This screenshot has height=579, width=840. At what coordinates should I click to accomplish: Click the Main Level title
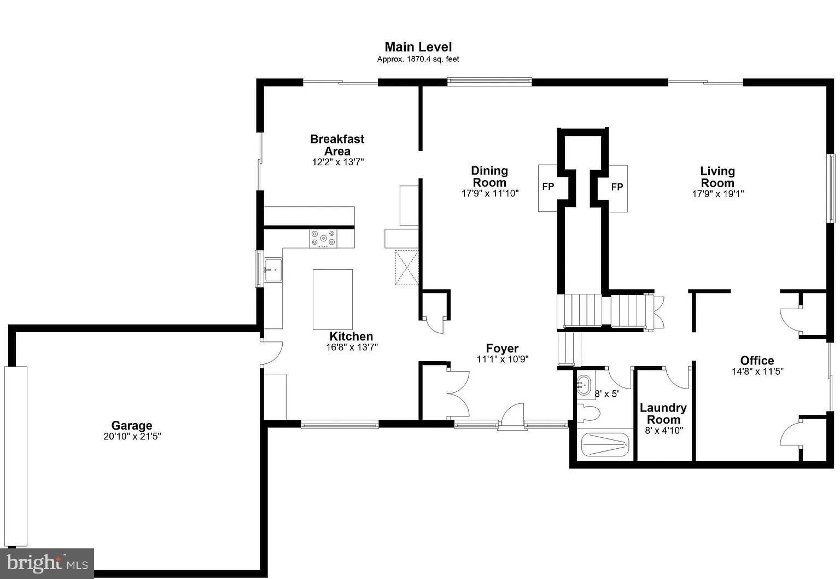pos(418,47)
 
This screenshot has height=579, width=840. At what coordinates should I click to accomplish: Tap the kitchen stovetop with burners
pos(323,239)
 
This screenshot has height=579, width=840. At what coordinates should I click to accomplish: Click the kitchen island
pos(332,299)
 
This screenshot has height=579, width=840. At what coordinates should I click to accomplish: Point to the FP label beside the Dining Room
pos(548,187)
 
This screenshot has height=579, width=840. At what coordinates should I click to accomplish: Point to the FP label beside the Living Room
pos(617,187)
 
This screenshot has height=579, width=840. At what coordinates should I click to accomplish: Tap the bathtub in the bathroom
pos(605,445)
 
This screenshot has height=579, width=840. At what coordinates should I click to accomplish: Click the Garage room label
pos(132,425)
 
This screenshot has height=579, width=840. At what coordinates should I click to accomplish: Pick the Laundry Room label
pos(663,414)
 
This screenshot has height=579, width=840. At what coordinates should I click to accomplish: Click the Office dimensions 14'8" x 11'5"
pos(757,371)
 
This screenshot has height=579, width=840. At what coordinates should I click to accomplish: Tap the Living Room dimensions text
pos(717,194)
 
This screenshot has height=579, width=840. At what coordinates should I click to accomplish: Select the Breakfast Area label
pos(337,145)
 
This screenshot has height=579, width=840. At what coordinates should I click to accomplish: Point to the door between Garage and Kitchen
pos(272,354)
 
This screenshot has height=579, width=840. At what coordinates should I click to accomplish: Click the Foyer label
pos(502,349)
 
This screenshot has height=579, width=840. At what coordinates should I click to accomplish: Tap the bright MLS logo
pos(47,563)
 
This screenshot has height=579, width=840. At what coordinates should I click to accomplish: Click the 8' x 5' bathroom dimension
pos(606,393)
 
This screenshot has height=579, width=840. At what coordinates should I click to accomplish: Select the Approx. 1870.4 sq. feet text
pos(418,59)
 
